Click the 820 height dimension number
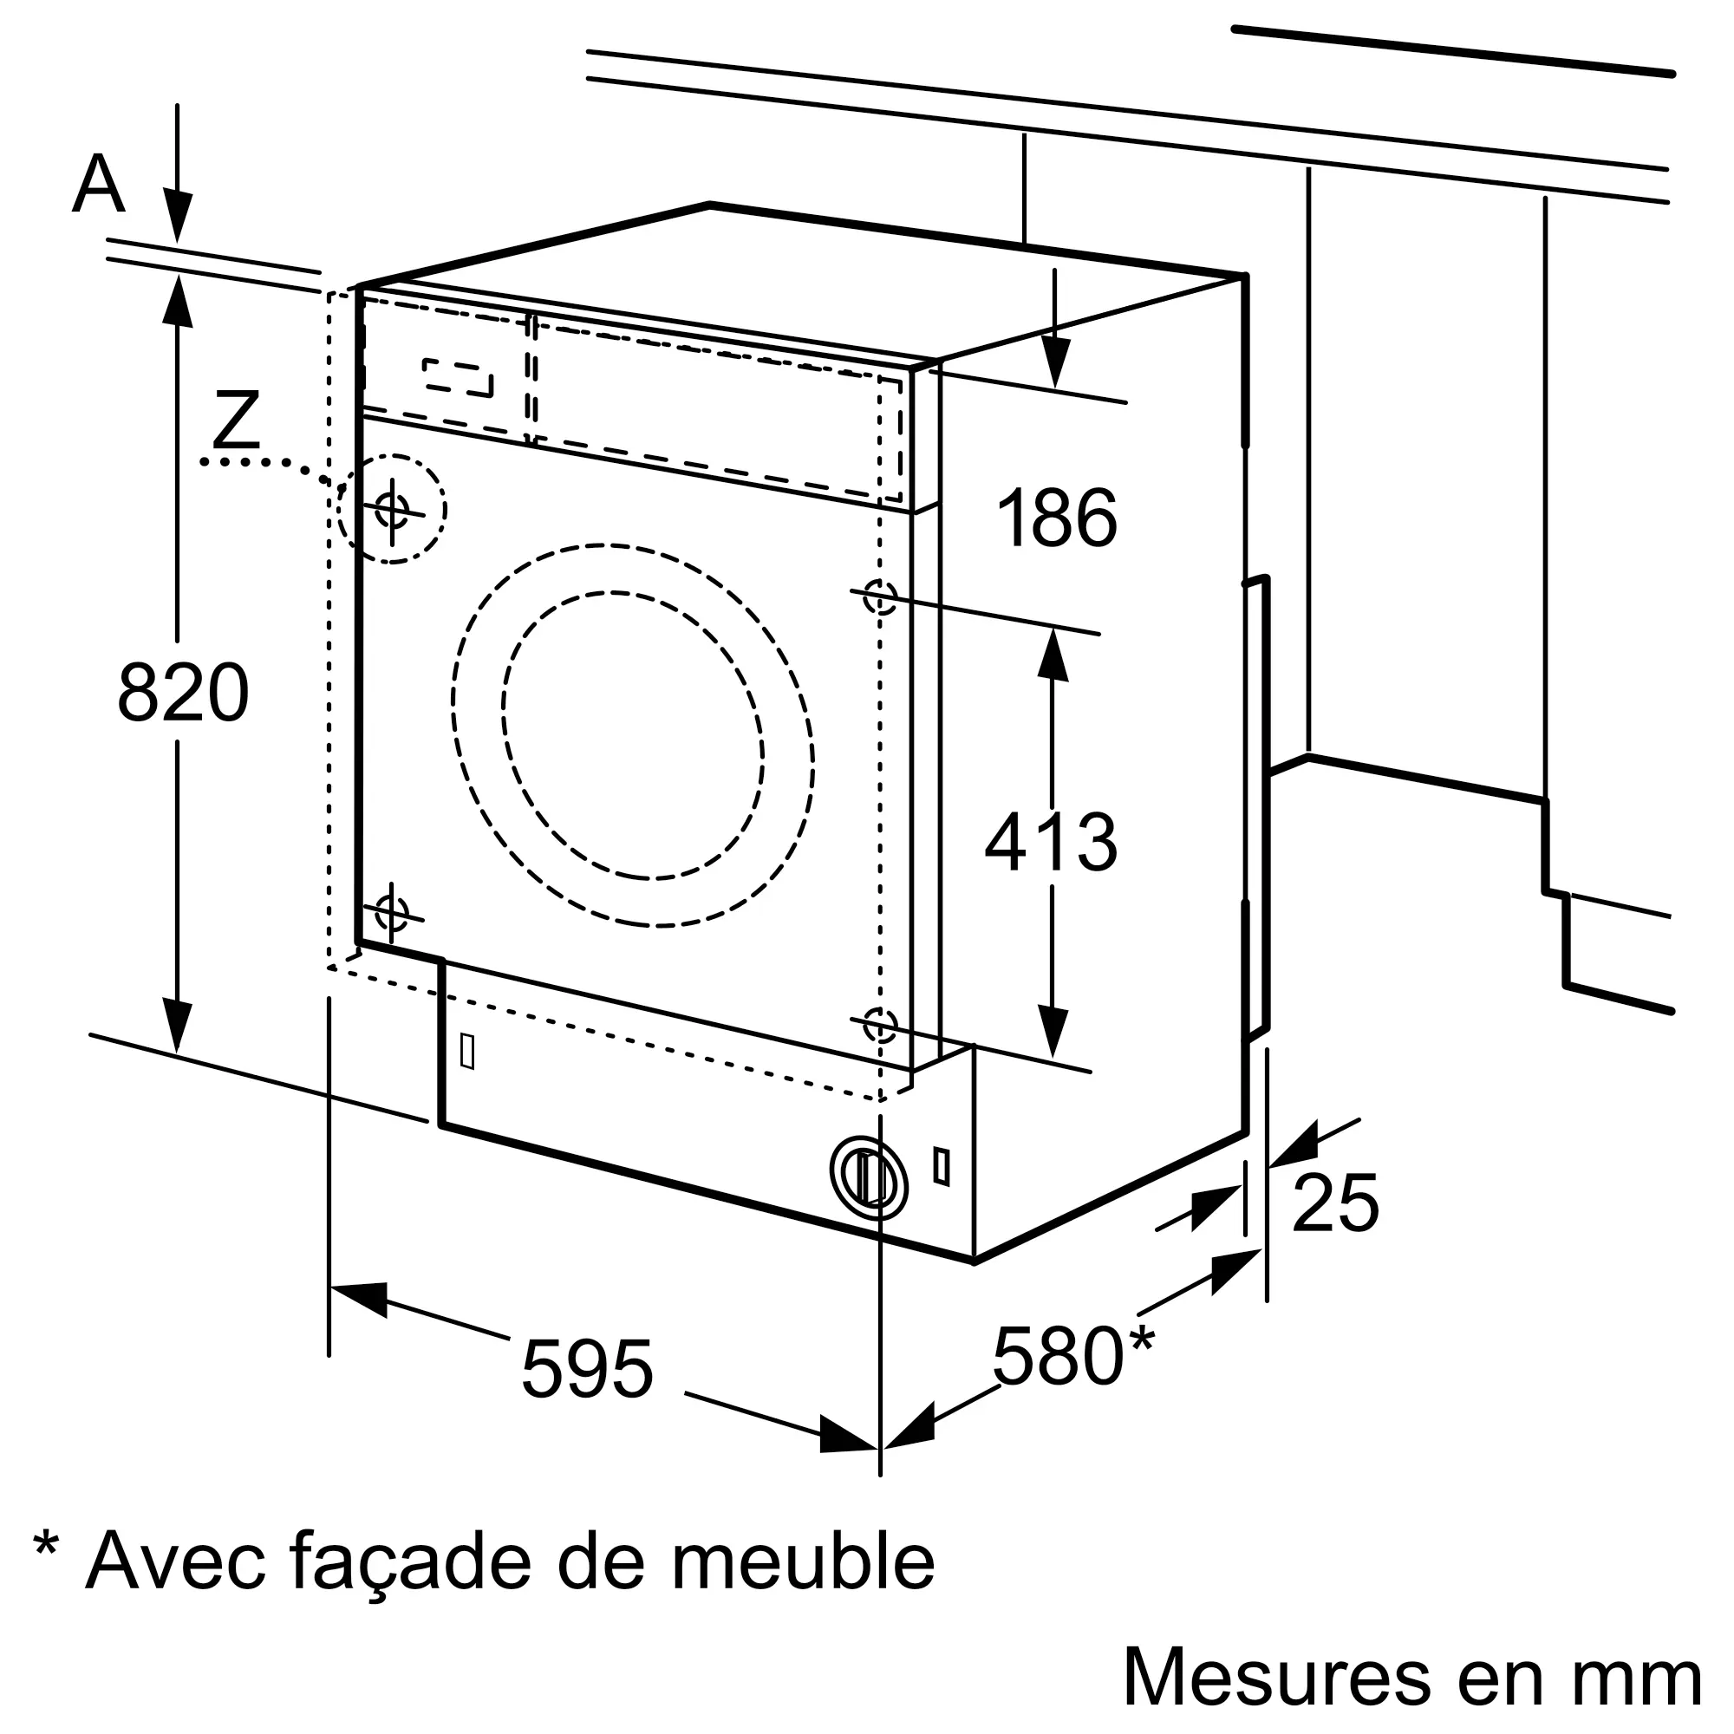tap(183, 692)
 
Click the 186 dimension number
tap(1057, 518)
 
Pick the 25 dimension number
tap(1334, 1203)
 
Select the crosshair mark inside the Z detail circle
tap(392, 511)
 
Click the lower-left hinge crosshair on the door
tap(391, 914)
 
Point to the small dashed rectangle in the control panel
tap(458, 378)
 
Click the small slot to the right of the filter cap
tap(942, 1167)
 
